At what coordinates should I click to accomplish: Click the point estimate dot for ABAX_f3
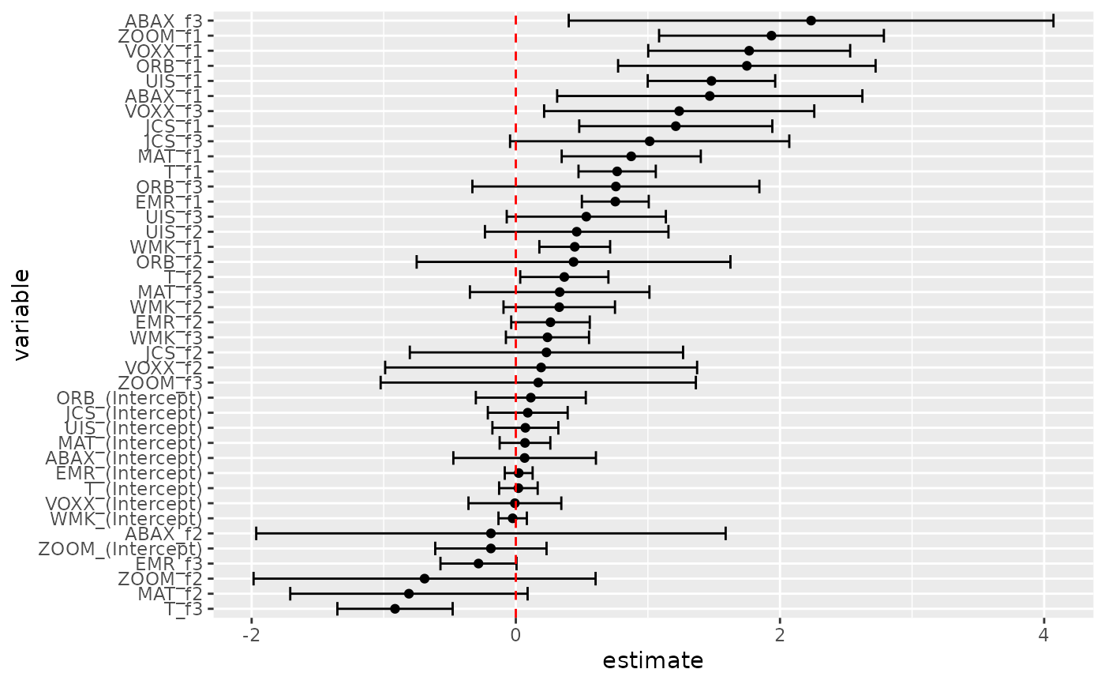tap(811, 21)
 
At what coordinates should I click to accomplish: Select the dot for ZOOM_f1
tap(771, 36)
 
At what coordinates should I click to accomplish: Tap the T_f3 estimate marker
tap(395, 609)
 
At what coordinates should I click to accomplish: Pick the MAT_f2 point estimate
tap(409, 594)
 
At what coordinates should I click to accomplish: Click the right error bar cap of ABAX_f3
tap(1054, 21)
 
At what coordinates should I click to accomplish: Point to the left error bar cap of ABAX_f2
tap(256, 534)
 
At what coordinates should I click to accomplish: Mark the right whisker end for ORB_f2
tap(730, 261)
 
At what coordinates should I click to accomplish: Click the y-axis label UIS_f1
tap(174, 81)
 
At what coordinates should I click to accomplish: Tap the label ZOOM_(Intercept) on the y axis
tap(120, 549)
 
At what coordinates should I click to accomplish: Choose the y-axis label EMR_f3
tap(169, 564)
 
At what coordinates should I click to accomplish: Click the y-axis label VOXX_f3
tap(163, 111)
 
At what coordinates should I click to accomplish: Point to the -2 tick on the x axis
tap(252, 637)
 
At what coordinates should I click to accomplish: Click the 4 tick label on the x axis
tap(1044, 637)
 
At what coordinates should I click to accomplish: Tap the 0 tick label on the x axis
tap(515, 637)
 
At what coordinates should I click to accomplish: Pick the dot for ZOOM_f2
tap(425, 579)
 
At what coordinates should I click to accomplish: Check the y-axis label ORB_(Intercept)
tap(129, 397)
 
